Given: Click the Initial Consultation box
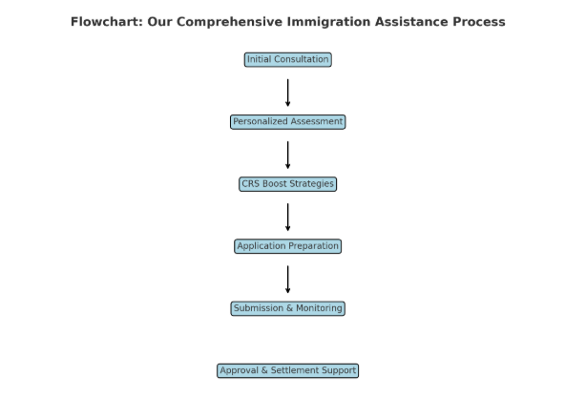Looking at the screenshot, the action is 288,60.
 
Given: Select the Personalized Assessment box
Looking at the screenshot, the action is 288,122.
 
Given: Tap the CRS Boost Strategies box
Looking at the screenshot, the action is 288,184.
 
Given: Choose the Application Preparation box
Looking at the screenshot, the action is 288,246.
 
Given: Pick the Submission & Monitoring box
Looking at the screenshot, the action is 288,308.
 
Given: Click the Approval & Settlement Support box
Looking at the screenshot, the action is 288,371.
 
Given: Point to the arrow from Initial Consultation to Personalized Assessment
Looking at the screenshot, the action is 288,93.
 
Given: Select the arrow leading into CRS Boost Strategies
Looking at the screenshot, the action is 288,156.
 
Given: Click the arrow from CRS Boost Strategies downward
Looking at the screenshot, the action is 288,218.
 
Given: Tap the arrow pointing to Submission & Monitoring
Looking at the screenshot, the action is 288,280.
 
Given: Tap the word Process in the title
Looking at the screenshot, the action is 479,22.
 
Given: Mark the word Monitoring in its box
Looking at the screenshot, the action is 319,309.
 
